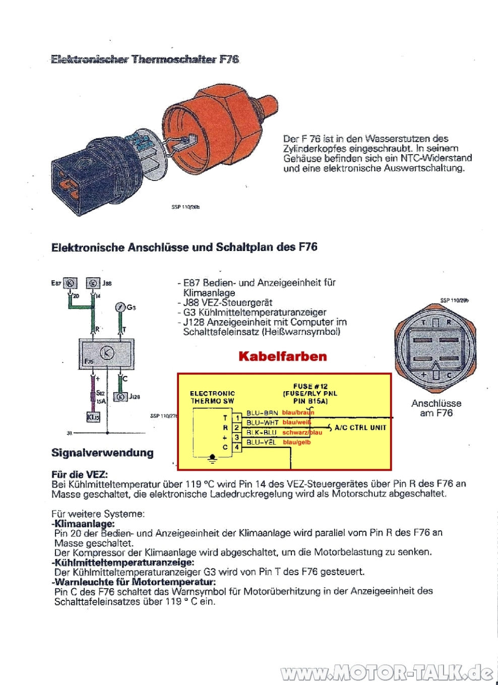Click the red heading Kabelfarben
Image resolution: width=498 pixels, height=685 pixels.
pos(282,356)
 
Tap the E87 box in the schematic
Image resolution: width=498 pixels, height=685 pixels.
pos(71,283)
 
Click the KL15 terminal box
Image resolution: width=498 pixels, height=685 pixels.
pos(93,417)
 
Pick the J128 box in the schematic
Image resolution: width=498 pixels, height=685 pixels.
pos(121,397)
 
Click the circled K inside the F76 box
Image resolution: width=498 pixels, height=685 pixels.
pos(107,353)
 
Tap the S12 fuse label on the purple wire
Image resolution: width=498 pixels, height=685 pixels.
pos(100,393)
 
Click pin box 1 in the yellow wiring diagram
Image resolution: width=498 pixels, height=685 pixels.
pos(236,418)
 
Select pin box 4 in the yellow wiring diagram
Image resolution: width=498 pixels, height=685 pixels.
pos(236,447)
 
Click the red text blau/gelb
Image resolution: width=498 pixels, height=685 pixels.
pos(297,443)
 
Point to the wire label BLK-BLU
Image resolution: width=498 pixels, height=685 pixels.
pos(262,432)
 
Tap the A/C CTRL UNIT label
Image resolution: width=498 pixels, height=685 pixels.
pos(360,427)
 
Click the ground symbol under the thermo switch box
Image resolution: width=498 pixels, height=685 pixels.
pos(212,459)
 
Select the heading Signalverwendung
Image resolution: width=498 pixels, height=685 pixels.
pos(102,453)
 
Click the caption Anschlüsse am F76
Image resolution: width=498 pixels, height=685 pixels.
pos(436,408)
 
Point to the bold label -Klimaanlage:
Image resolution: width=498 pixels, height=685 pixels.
pos(83,524)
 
